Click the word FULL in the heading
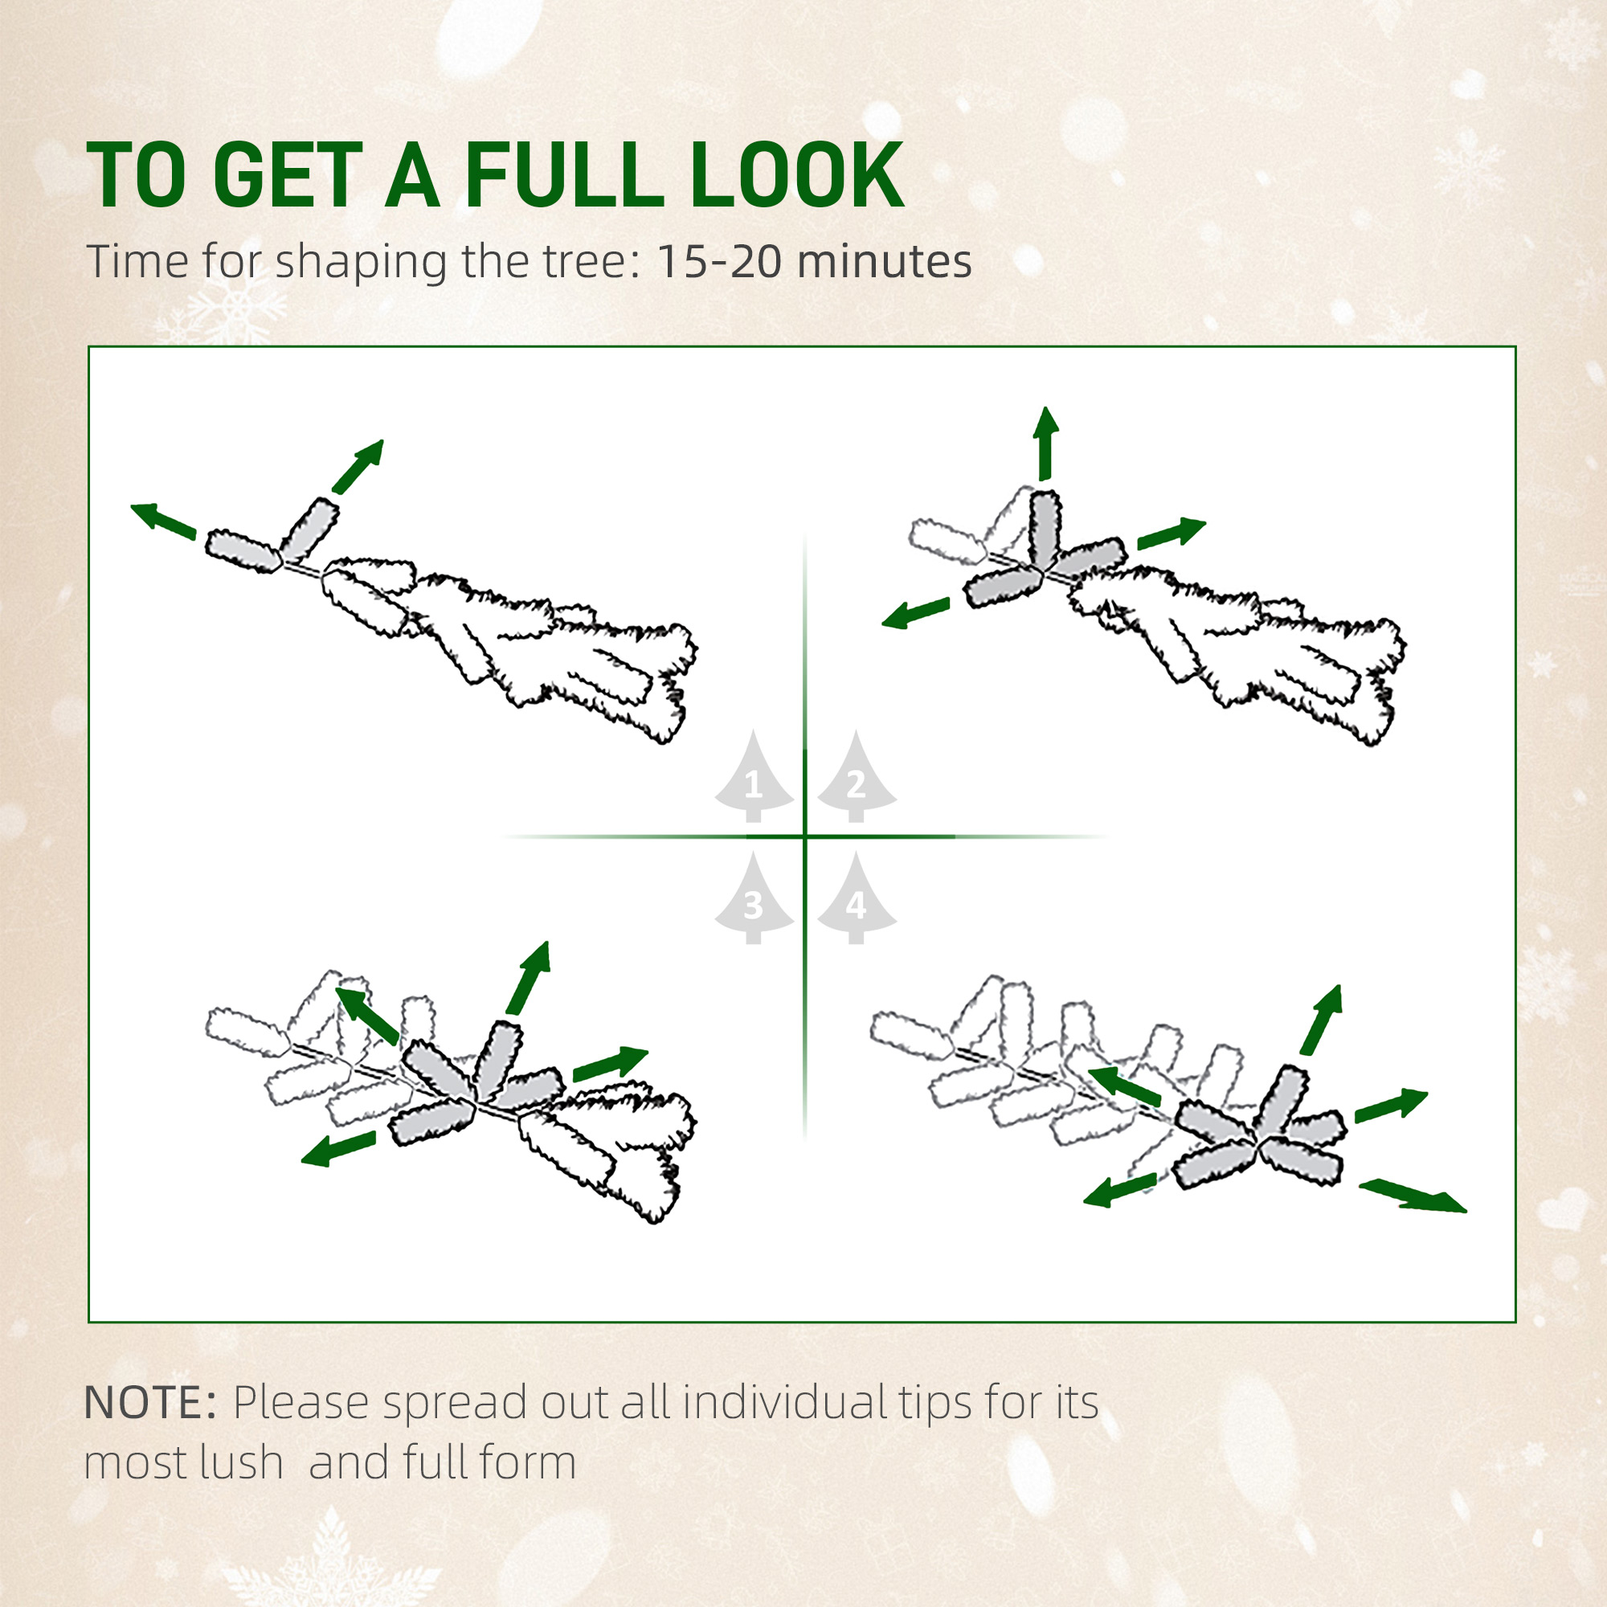tap(564, 175)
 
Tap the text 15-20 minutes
tap(813, 262)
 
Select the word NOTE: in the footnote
tap(150, 1403)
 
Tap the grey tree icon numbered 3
tap(754, 899)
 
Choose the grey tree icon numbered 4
tap(856, 899)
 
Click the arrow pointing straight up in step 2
tap(1045, 444)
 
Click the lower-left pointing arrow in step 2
tap(915, 613)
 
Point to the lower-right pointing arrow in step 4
tap(1412, 1196)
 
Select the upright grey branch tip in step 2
tap(1045, 529)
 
